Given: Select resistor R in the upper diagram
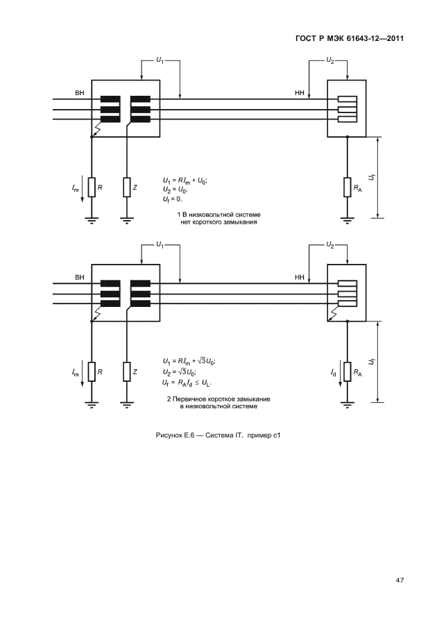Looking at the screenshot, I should pos(92,187).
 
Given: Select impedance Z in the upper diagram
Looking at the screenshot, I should pos(128,187).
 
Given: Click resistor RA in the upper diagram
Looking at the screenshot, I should pos(346,187).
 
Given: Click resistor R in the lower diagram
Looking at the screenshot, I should pos(92,372).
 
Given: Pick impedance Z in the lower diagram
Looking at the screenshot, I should pos(128,372).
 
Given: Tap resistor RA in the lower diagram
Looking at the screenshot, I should pos(346,372).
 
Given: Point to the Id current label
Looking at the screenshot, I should pos(334,373).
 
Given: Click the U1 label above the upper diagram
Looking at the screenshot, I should pos(160,61).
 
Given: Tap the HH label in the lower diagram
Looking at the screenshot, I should pos(300,277).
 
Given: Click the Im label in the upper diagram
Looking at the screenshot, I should pos(74,187).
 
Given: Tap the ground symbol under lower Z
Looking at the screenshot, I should pos(128,404).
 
